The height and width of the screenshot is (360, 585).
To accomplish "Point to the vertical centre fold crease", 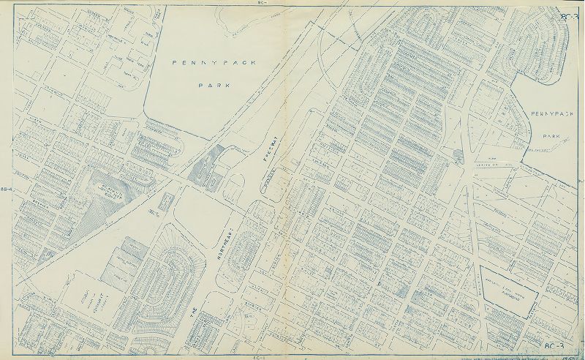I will pyautogui.click(x=293, y=183).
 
